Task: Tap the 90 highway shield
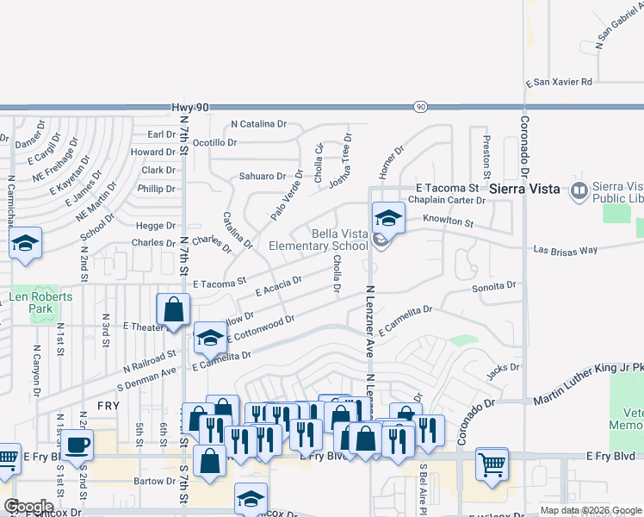click(x=419, y=106)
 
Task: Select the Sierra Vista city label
click(x=524, y=188)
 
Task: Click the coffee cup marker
click(x=77, y=445)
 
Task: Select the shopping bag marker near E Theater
click(x=173, y=309)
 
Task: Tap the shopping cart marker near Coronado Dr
click(x=492, y=464)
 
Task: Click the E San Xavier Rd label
click(x=559, y=82)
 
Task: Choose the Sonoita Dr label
click(x=494, y=285)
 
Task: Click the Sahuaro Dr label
click(x=263, y=176)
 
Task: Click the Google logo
click(x=28, y=507)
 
